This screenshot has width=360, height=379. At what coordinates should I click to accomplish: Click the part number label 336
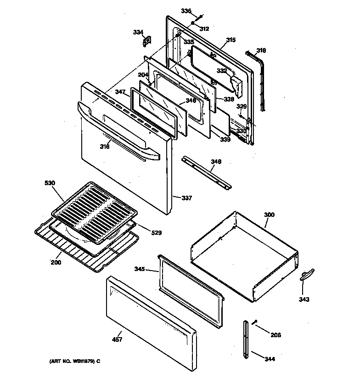click(186, 11)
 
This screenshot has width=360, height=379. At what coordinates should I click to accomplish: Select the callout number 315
click(230, 40)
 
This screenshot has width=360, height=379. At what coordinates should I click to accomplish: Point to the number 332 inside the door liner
click(222, 71)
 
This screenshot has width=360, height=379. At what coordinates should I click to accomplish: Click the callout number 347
click(120, 92)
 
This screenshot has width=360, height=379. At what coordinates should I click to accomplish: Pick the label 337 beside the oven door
click(186, 198)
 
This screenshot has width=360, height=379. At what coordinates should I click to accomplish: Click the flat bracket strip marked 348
click(206, 172)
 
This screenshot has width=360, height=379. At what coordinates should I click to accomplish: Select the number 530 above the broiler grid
click(50, 183)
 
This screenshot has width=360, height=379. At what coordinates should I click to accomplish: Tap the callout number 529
click(157, 233)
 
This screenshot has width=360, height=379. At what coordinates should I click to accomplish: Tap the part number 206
click(276, 335)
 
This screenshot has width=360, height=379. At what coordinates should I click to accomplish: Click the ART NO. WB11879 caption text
click(74, 362)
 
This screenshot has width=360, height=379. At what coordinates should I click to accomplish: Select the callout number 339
click(225, 139)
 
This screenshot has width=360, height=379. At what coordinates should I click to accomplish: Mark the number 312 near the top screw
click(204, 28)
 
